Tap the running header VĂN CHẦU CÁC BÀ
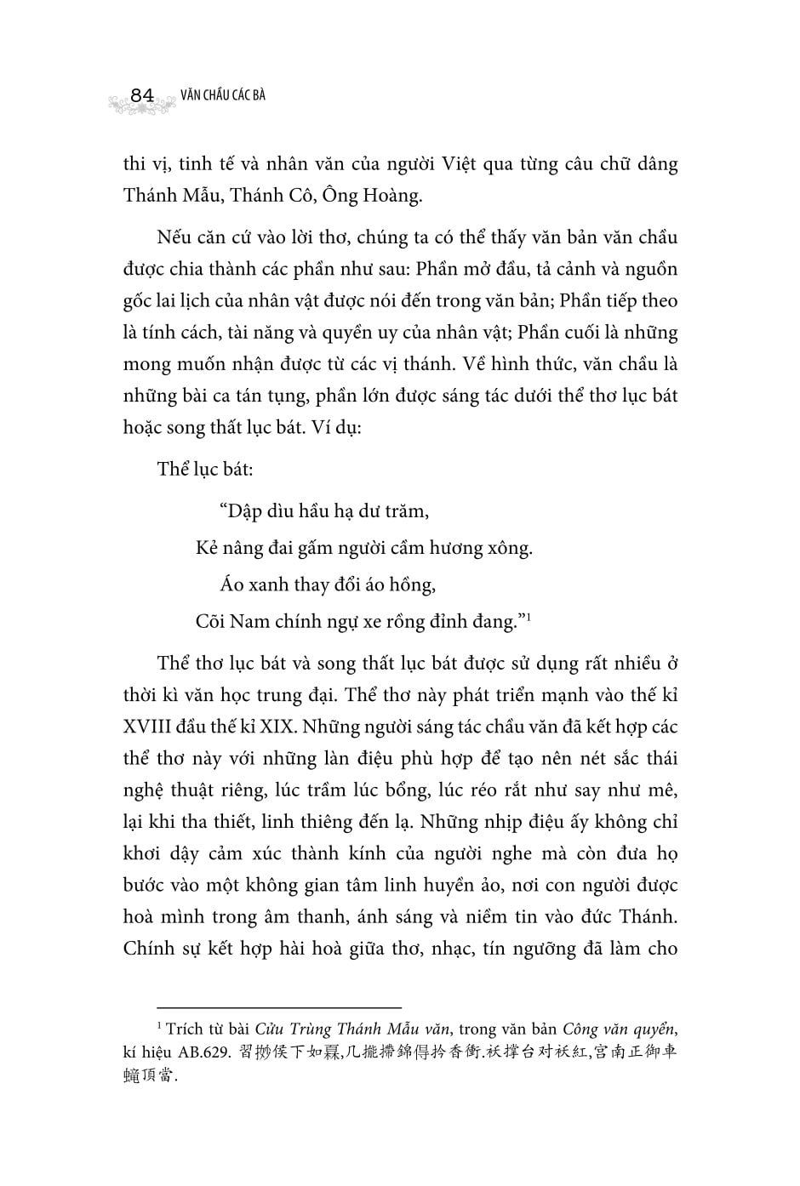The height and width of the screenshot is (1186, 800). tap(223, 94)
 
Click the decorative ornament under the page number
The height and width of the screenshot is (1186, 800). tap(141, 105)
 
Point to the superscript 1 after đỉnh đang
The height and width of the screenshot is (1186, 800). tap(529, 616)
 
